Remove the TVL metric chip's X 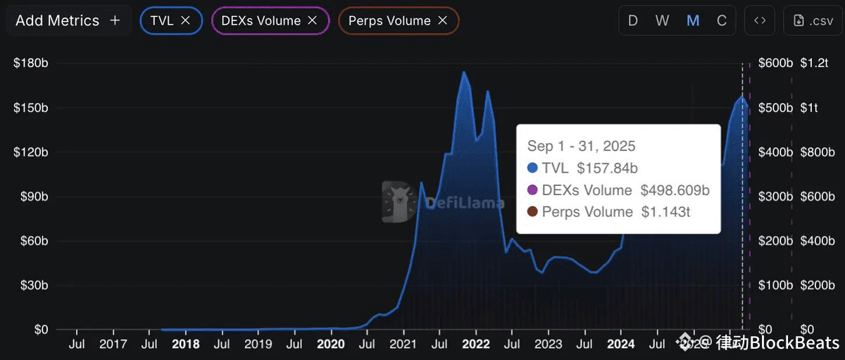[x=186, y=20]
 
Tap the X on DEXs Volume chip [x=313, y=20]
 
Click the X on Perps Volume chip [x=442, y=20]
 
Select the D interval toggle [x=633, y=20]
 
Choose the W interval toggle [x=662, y=20]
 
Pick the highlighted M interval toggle [x=693, y=20]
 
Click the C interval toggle [x=722, y=20]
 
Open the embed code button [x=760, y=20]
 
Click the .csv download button [x=812, y=20]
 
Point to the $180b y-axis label [x=30, y=63]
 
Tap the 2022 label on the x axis [x=476, y=344]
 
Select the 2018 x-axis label [x=185, y=344]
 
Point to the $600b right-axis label [x=775, y=63]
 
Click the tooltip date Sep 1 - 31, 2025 [x=581, y=146]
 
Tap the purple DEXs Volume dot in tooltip [x=532, y=190]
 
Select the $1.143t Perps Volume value [x=665, y=211]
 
